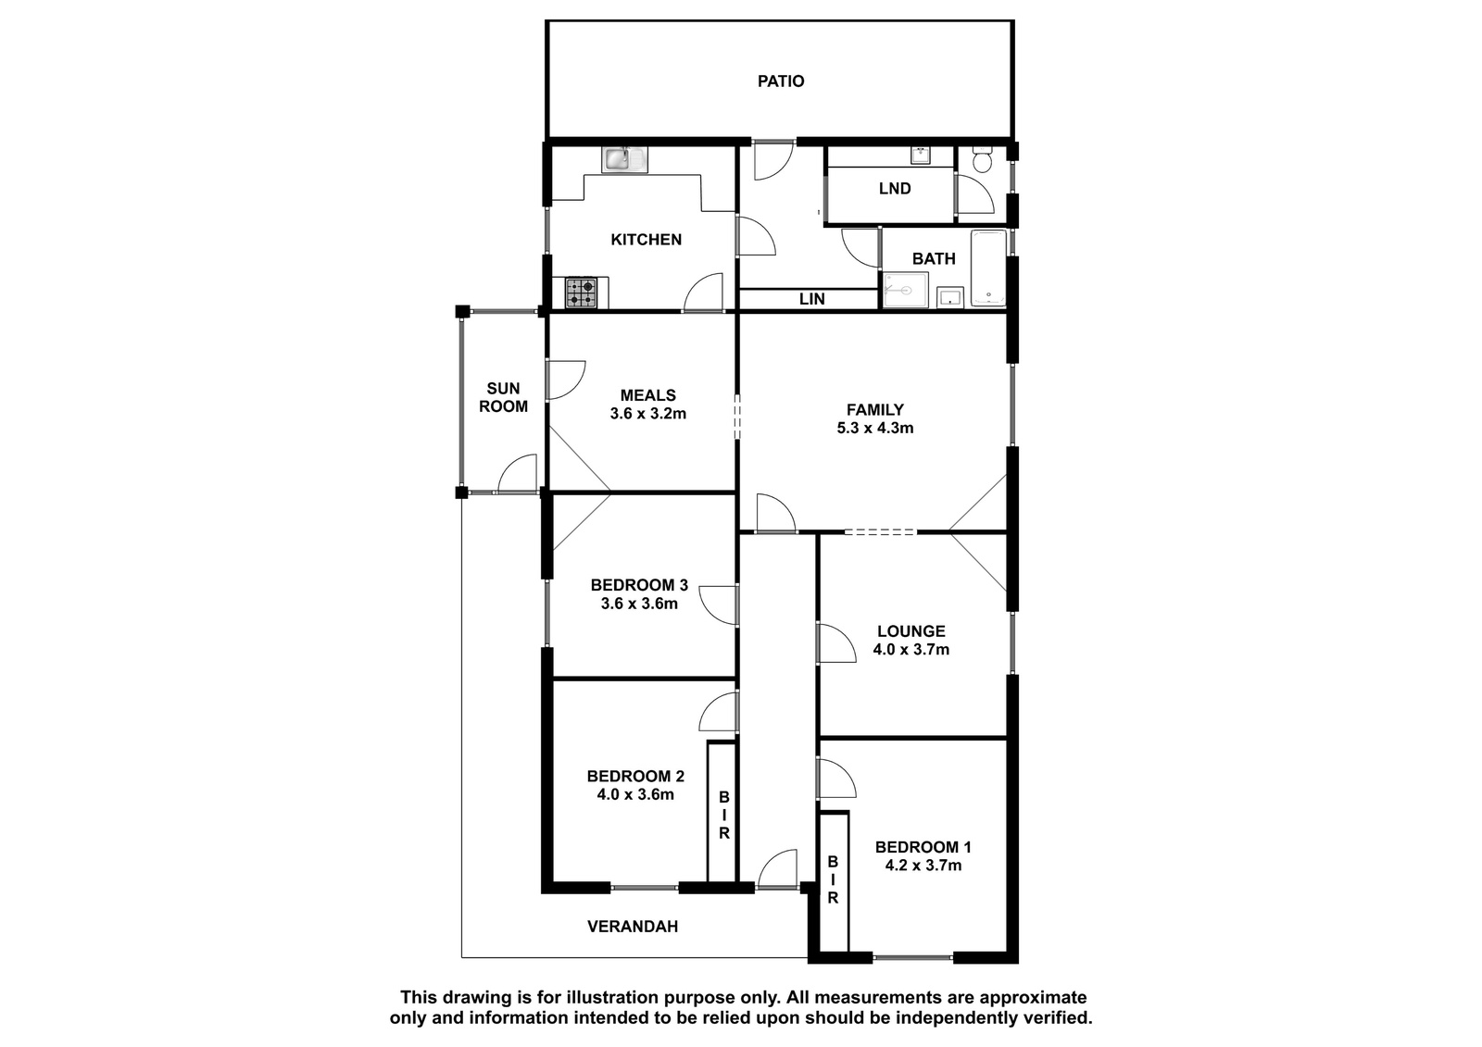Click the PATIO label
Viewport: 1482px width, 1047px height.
click(781, 81)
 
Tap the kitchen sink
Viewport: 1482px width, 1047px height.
click(624, 159)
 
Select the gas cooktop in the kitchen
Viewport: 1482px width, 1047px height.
click(581, 293)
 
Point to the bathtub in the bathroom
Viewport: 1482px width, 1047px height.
click(988, 268)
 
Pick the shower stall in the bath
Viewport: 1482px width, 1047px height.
click(905, 290)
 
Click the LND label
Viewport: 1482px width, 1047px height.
click(895, 189)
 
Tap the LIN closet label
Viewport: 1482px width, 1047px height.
click(811, 299)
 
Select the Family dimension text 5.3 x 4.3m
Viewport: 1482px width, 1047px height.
click(874, 428)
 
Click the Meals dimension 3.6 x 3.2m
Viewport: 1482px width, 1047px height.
click(647, 414)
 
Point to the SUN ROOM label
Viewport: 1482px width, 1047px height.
click(503, 397)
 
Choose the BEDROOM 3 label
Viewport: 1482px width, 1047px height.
click(639, 585)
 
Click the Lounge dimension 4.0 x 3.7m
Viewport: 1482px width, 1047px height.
click(911, 650)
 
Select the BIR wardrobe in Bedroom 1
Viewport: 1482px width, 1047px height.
click(834, 881)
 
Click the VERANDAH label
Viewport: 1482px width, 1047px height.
click(633, 927)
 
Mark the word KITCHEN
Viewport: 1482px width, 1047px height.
click(646, 240)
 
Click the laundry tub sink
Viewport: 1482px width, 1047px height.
click(921, 156)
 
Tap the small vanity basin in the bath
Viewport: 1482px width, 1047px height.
click(949, 297)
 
